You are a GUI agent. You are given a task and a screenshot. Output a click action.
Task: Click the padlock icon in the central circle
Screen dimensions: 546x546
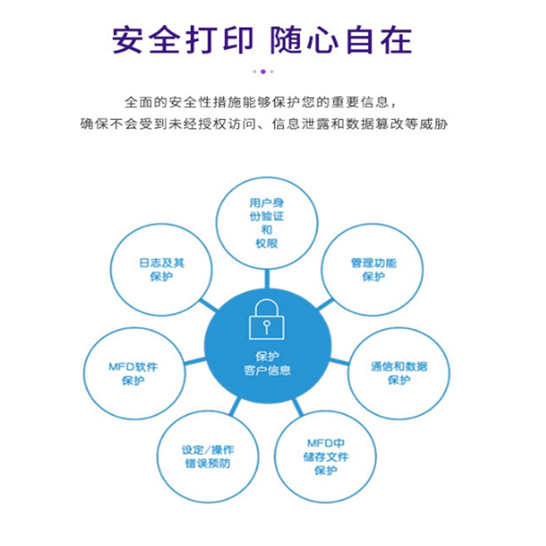coord(267,319)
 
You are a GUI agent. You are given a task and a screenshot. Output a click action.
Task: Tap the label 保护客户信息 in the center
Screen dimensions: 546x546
coord(267,363)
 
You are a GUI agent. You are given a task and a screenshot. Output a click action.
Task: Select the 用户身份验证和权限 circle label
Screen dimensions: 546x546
coord(267,223)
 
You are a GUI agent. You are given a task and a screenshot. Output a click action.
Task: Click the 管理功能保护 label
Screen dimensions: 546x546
coord(373,270)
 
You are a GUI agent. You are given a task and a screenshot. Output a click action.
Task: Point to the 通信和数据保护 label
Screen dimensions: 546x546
coord(399,373)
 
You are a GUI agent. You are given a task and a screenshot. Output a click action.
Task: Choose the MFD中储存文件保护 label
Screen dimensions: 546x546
coord(326,457)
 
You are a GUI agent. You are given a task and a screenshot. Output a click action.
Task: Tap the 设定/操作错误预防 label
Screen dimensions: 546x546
coord(208,456)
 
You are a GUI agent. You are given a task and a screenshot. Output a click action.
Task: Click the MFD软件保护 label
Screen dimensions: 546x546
coord(133,373)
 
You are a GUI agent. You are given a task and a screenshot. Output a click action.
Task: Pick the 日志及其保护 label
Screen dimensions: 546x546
coord(162,270)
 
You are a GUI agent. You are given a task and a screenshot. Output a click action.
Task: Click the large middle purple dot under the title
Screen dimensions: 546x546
coord(263,72)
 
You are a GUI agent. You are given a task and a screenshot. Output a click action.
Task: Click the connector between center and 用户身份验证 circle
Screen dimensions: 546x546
coord(267,279)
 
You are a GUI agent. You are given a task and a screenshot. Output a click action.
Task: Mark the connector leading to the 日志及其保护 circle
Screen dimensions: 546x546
coord(209,305)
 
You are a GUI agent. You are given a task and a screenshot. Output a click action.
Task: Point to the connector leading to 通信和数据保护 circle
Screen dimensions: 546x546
coord(339,362)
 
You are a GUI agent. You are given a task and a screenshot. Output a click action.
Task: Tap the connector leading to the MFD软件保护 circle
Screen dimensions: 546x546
coord(195,361)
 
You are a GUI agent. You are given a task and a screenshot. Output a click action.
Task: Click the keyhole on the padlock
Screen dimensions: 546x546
coord(267,327)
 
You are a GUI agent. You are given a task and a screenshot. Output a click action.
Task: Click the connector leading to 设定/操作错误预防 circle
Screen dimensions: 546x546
coord(235,407)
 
